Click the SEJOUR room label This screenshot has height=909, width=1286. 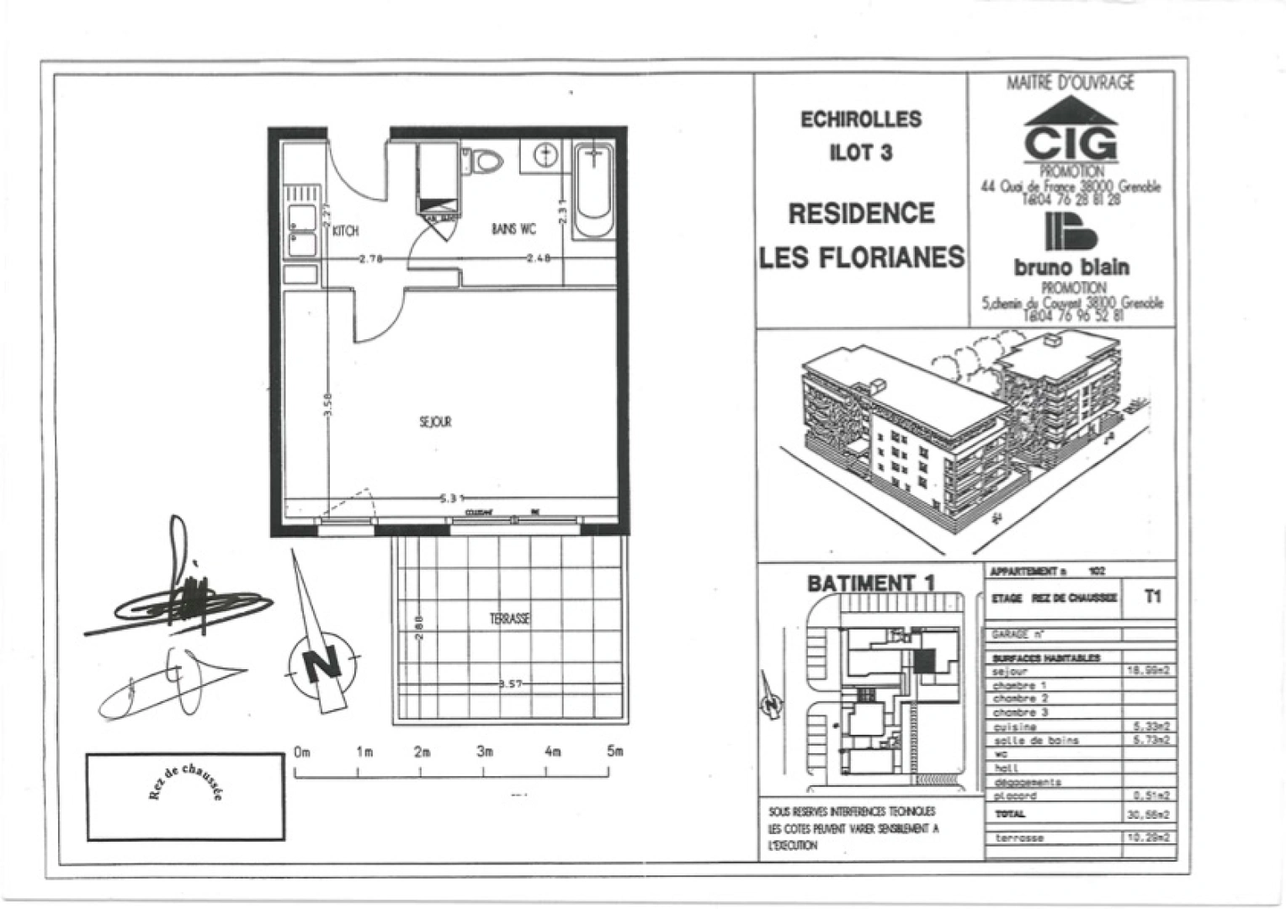(435, 422)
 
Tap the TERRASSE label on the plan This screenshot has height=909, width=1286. (510, 619)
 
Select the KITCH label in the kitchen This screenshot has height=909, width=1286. (345, 231)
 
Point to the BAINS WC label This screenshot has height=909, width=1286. (513, 229)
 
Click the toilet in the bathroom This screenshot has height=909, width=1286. (484, 160)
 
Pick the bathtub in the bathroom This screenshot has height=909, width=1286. (594, 192)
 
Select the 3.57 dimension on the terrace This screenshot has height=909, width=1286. (511, 684)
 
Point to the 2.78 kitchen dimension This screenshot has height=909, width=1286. (371, 258)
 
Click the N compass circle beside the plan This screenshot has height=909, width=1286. (322, 665)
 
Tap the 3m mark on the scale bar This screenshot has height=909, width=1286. (485, 752)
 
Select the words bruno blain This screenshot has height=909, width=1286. (1071, 268)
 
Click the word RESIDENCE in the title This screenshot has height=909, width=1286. (861, 214)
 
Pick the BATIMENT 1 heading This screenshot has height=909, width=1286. (870, 582)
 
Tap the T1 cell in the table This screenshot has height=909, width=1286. (1152, 596)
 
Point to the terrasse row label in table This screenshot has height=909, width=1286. (1019, 838)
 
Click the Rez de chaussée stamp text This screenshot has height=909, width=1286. (185, 782)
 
